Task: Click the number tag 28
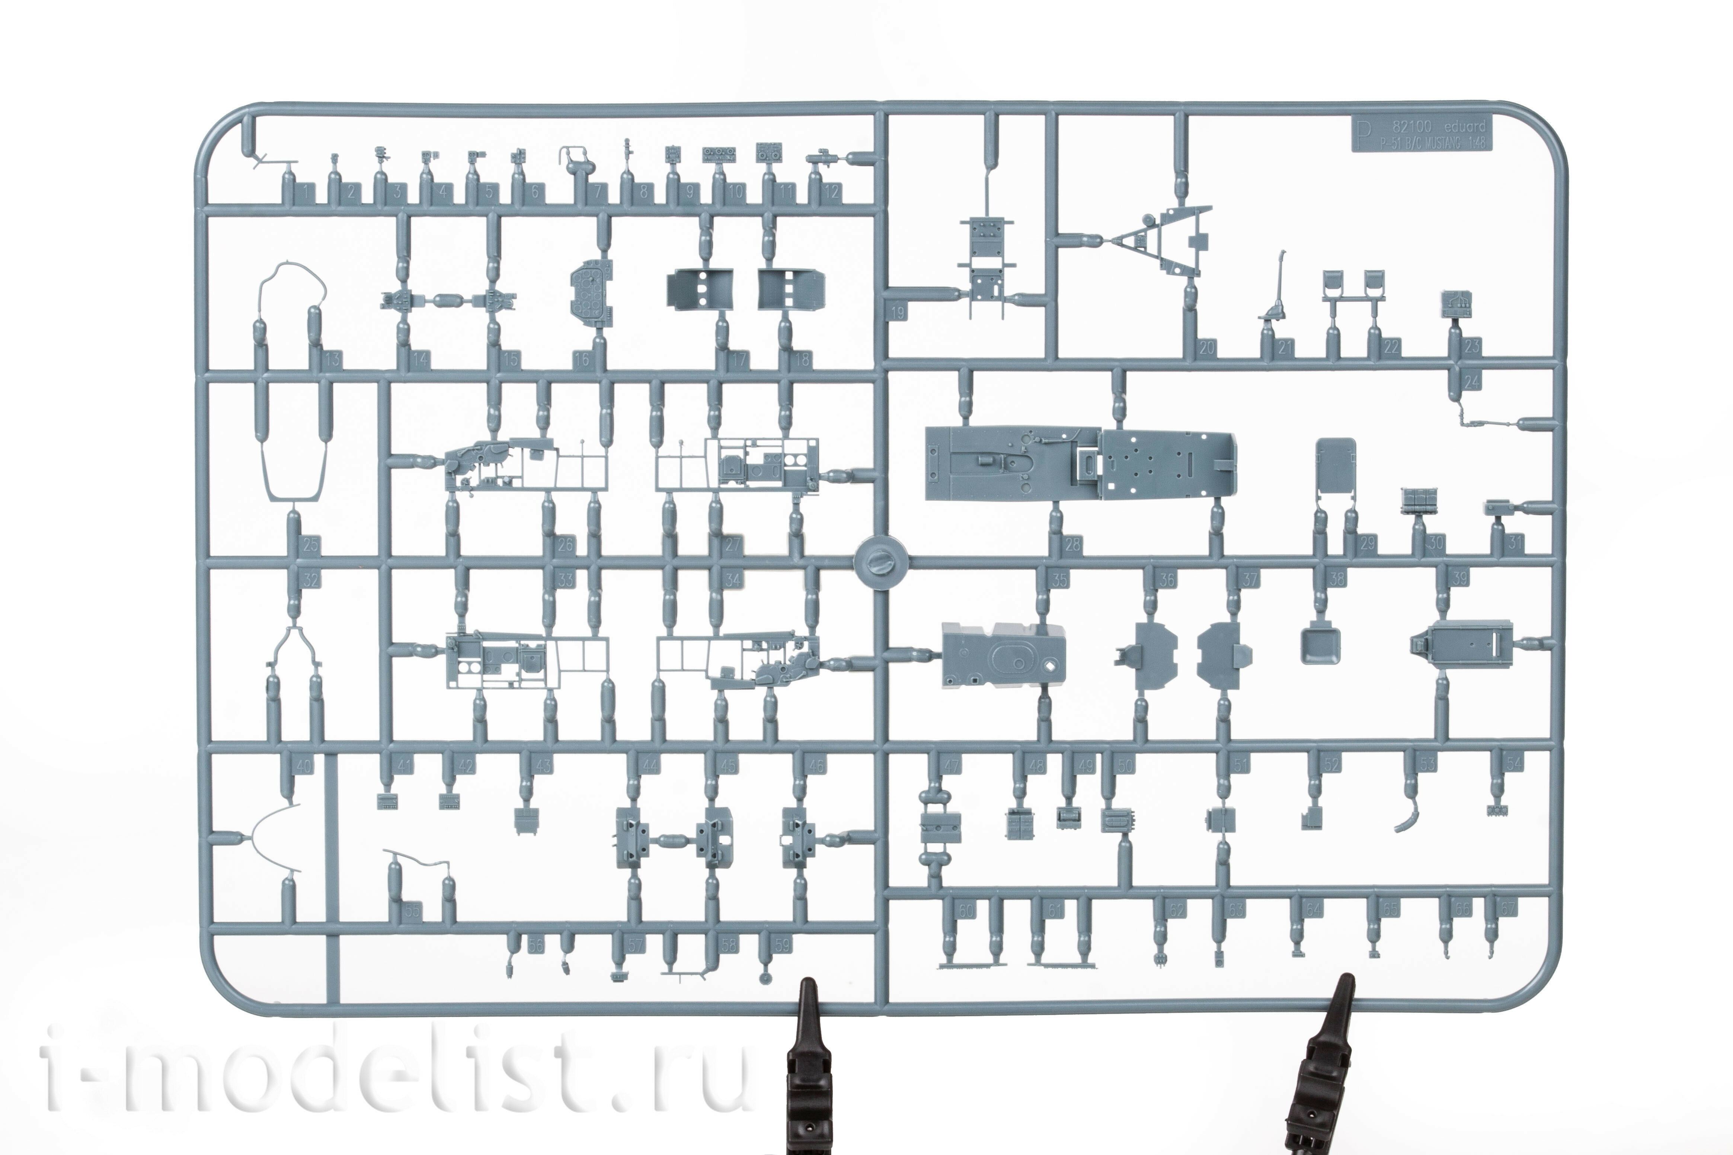tap(1073, 545)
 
